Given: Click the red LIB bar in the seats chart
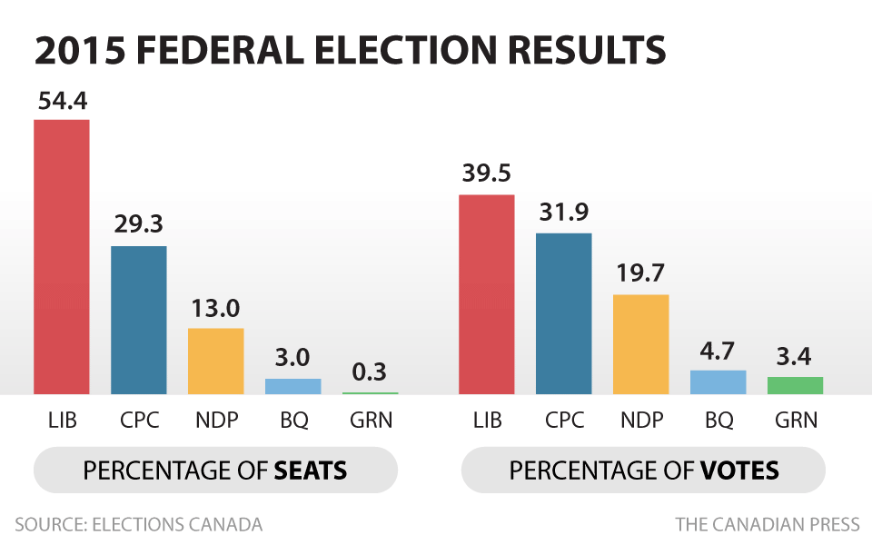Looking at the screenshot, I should pyautogui.click(x=62, y=257).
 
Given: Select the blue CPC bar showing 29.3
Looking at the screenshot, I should pyautogui.click(x=139, y=320).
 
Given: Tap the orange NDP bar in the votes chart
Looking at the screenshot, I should pyautogui.click(x=641, y=344).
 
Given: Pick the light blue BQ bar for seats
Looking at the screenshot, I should pyautogui.click(x=293, y=386).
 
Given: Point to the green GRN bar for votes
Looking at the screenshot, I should pyautogui.click(x=796, y=385).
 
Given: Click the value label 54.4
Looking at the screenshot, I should pyautogui.click(x=63, y=101).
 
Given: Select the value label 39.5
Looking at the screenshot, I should pyautogui.click(x=487, y=176).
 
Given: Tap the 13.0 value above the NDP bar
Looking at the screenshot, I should pyautogui.click(x=216, y=310).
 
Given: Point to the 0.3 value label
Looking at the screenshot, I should pyautogui.click(x=370, y=373).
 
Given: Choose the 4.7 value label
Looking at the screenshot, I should pyautogui.click(x=718, y=352).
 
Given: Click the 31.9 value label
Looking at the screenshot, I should pyautogui.click(x=563, y=213).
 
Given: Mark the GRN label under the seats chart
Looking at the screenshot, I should pyautogui.click(x=371, y=421).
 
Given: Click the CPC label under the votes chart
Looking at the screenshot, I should pyautogui.click(x=564, y=421).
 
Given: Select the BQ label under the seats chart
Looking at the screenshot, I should pyautogui.click(x=293, y=421).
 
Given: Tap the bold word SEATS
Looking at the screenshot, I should pyautogui.click(x=312, y=471).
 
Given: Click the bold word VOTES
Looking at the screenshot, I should pyautogui.click(x=740, y=471).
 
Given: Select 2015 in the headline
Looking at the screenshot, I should pyautogui.click(x=77, y=52).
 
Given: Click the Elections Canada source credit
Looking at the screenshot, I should pyautogui.click(x=139, y=525).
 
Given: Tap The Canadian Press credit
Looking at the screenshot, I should pyautogui.click(x=768, y=525).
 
